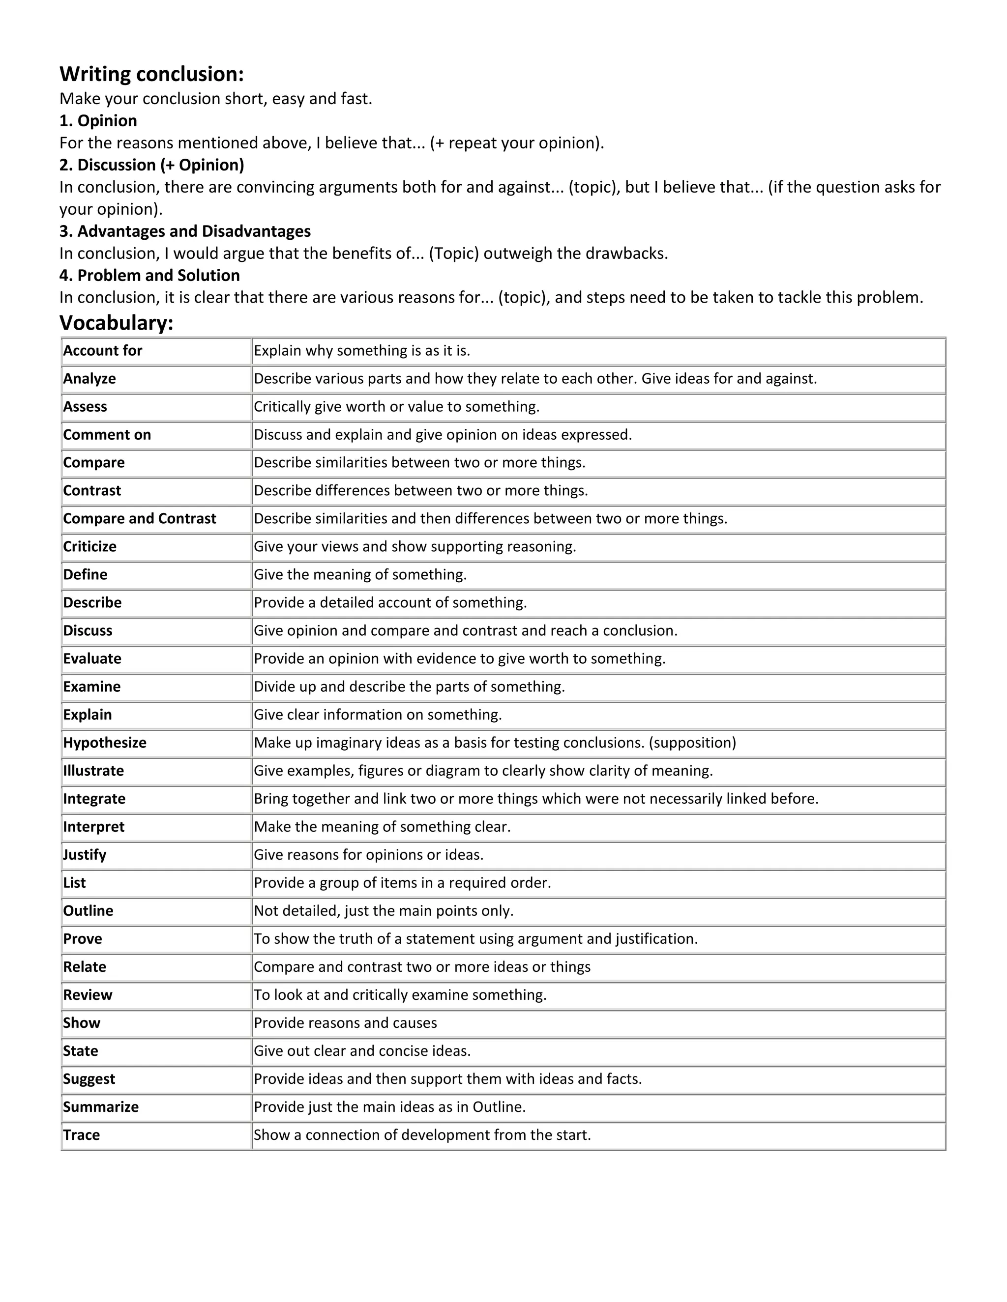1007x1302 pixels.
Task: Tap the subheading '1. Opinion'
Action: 98,120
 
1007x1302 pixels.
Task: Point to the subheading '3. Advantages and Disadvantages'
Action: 185,231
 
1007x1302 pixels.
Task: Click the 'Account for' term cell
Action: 103,350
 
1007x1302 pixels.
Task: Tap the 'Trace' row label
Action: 81,1134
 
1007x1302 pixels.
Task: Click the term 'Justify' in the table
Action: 85,854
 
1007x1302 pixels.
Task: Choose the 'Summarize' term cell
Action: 101,1106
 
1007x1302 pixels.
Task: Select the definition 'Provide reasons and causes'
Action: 345,1022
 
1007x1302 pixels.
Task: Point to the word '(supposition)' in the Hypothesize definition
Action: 693,742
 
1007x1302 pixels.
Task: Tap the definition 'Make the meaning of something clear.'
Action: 383,826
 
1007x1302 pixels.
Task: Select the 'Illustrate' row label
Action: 93,770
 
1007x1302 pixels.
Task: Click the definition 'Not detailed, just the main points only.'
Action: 384,910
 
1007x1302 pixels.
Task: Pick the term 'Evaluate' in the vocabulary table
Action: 92,658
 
